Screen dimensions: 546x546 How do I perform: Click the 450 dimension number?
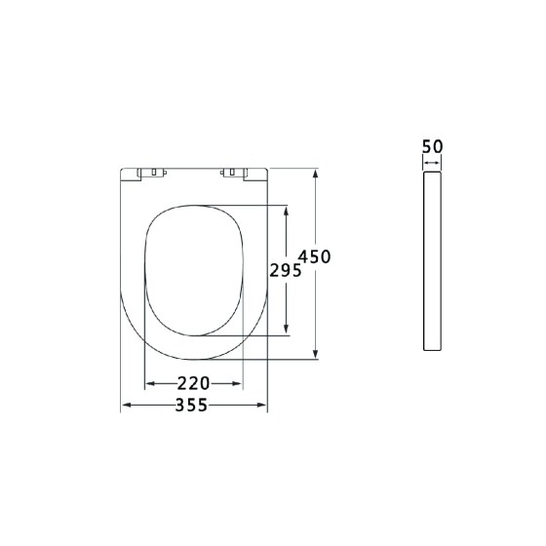tap(314, 257)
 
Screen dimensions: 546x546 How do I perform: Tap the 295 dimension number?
tap(286, 270)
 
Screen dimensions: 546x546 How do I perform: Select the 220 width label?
tap(194, 383)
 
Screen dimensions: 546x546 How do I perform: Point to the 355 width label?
tap(191, 405)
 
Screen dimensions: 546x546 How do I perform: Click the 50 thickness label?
tap(433, 146)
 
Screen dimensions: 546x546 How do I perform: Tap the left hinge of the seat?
tap(151, 174)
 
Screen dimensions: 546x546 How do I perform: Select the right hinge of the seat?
tap(234, 174)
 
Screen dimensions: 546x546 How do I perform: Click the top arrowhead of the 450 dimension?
tap(316, 174)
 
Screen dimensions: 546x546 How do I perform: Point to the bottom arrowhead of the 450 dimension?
tap(316, 354)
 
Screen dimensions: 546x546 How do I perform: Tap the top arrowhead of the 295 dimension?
tap(287, 211)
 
